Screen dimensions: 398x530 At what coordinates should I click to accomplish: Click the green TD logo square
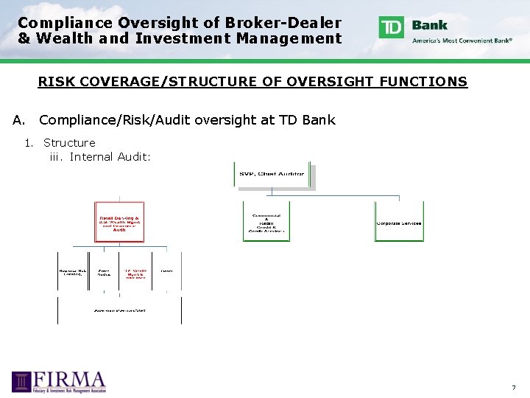(x=392, y=27)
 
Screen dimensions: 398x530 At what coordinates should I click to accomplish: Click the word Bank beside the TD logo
(x=430, y=24)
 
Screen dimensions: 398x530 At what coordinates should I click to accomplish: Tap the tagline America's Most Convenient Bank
(x=462, y=41)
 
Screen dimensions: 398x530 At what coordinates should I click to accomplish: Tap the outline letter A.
(x=18, y=119)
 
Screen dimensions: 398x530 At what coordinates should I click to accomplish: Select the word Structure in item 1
(x=69, y=142)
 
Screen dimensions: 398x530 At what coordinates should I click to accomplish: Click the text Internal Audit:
(x=110, y=156)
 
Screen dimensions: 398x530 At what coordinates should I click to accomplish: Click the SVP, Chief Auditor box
(x=272, y=175)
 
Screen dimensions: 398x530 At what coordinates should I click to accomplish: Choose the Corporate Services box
(x=399, y=222)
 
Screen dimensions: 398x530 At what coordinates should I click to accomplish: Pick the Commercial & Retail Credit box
(x=266, y=222)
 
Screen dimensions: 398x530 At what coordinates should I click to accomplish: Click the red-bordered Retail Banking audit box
(x=119, y=223)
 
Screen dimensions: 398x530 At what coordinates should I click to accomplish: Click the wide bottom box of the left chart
(x=119, y=310)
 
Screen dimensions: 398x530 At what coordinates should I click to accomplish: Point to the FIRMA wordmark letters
(x=71, y=380)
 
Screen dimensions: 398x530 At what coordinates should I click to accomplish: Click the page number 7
(x=514, y=388)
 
